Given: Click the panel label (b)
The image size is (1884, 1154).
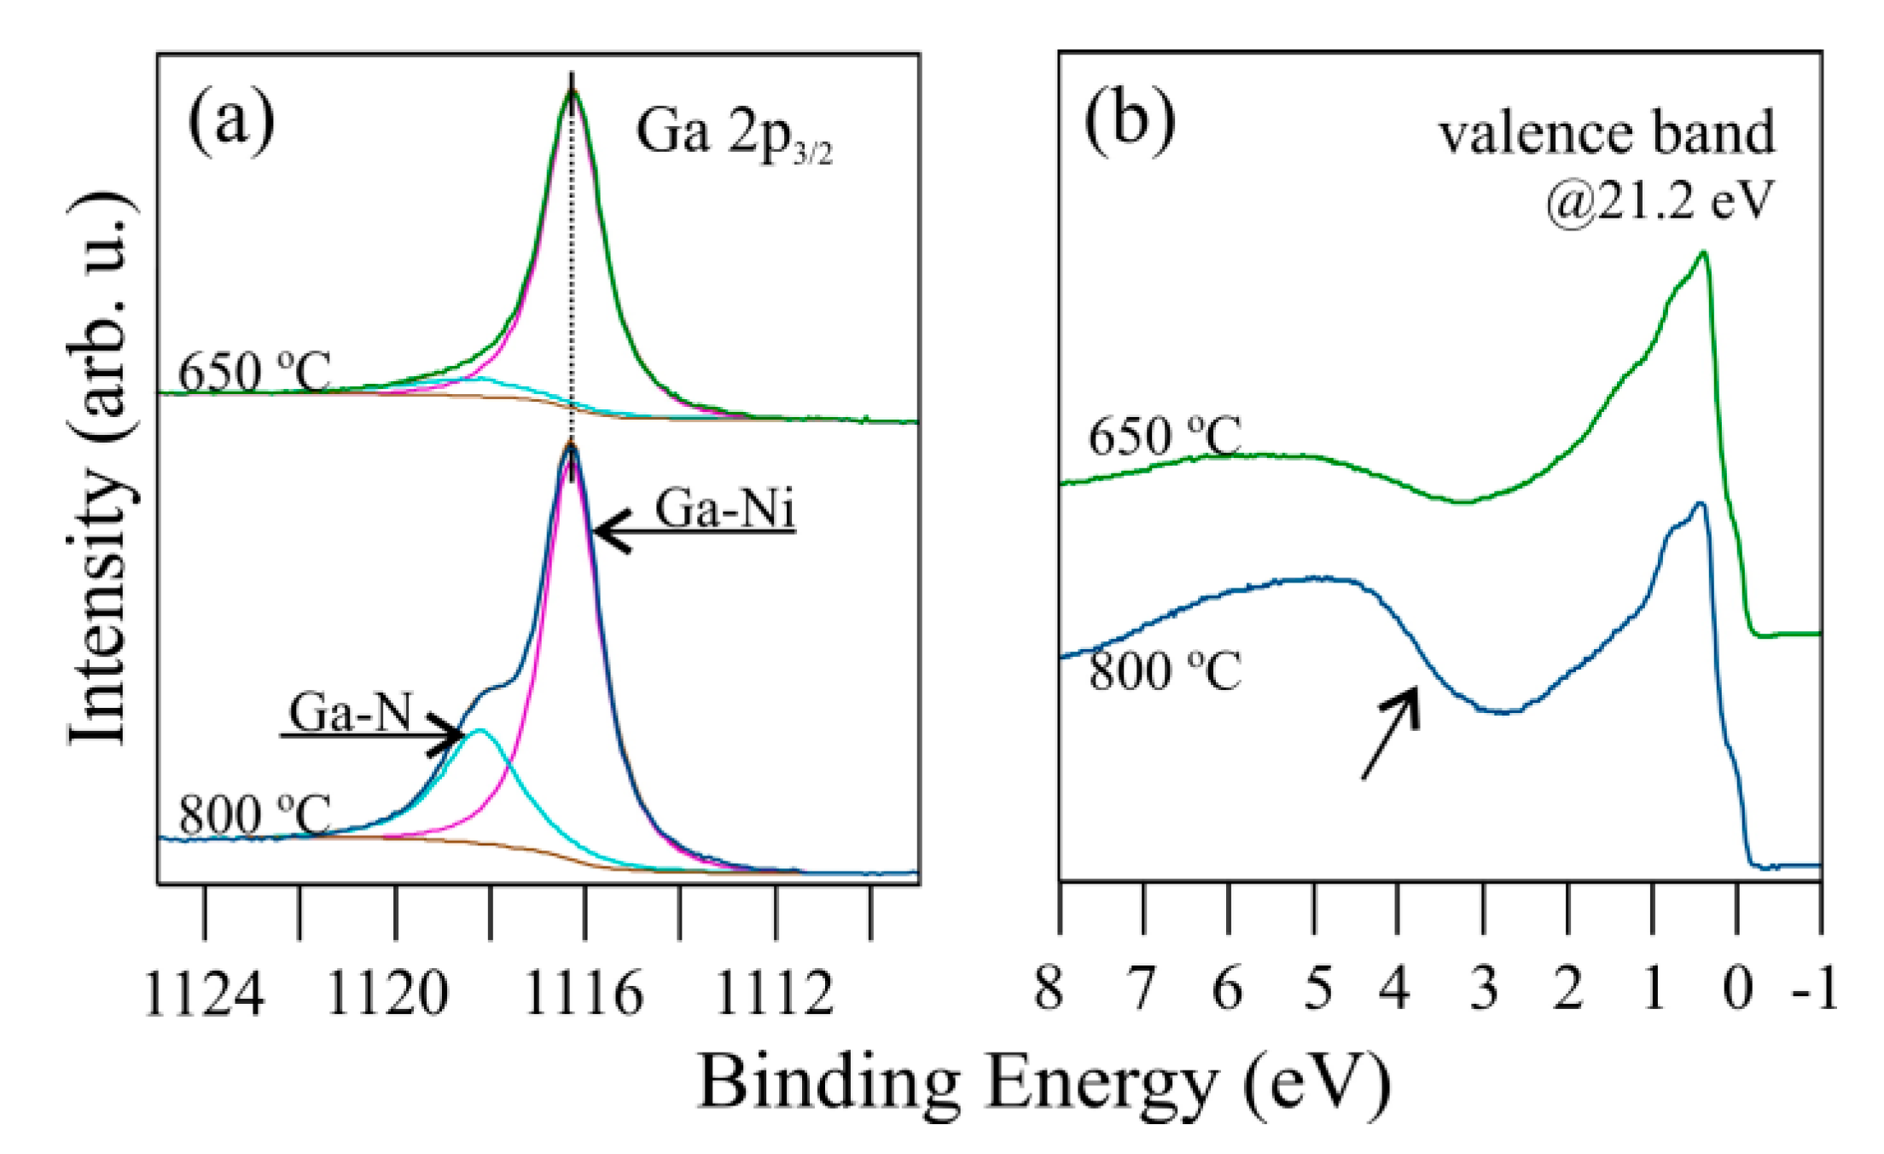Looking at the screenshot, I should coord(1129,121).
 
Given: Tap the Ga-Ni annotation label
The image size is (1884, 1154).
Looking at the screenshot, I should coord(724,510).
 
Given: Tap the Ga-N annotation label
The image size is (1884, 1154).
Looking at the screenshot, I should coord(351,713).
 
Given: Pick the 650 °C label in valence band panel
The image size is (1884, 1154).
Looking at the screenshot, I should coord(1164,438).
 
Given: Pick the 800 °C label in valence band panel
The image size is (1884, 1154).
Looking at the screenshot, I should coord(1164,671).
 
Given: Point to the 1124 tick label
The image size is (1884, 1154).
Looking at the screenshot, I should coord(205,995).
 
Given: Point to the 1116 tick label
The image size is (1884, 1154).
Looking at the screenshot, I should coord(584,995).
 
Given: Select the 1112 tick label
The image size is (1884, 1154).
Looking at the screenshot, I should coord(774,995).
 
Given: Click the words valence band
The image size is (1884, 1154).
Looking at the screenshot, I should coord(1607,134).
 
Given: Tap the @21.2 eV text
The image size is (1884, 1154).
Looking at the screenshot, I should coord(1659,201).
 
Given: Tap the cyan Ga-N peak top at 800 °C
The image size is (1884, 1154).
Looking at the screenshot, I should coord(480,730).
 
